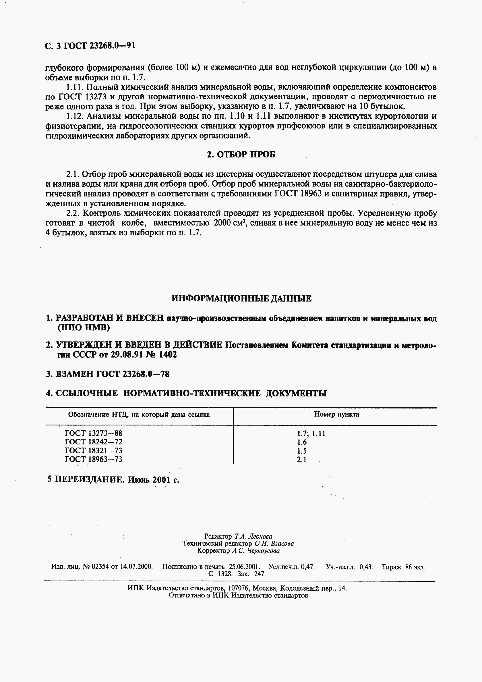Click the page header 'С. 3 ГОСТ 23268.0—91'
[90, 46]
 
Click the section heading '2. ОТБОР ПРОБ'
[241, 155]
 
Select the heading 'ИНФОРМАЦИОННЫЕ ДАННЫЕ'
[242, 298]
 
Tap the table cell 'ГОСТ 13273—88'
[94, 433]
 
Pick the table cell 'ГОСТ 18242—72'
[94, 442]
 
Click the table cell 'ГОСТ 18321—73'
[94, 450]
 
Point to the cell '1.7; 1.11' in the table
[311, 434]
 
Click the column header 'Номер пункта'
[336, 414]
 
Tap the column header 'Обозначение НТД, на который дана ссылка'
[139, 414]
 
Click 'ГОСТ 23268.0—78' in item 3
[133, 374]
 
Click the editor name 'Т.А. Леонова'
[253, 536]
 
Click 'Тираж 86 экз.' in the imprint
[403, 567]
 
